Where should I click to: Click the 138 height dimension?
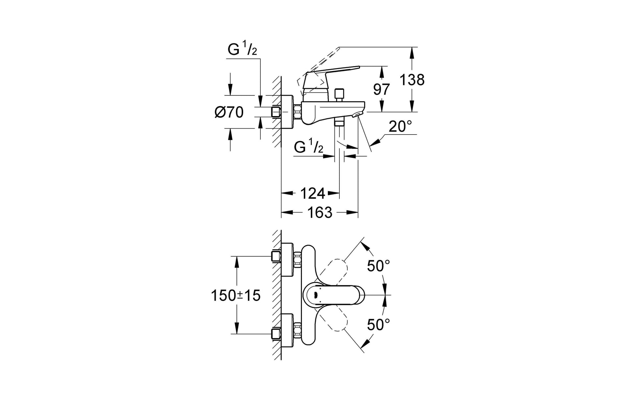[412, 80]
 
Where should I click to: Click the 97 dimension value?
[382, 89]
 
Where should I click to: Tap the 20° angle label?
[400, 127]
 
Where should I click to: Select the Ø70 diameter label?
[229, 113]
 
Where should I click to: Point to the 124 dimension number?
[312, 193]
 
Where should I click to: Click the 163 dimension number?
[320, 213]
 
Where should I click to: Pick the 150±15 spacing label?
[235, 295]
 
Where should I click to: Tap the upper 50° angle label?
[379, 266]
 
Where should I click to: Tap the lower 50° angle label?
[379, 325]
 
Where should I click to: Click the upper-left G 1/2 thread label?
[242, 50]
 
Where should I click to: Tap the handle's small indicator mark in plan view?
[316, 295]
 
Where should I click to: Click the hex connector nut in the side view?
[297, 113]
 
